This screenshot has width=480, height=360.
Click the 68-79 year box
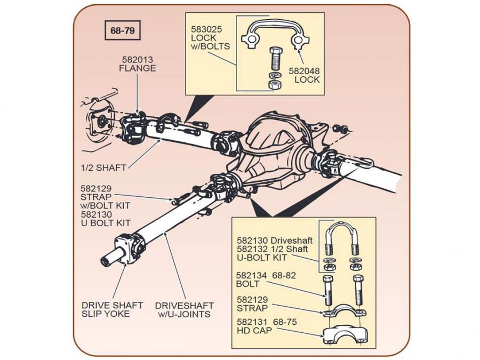coord(122,31)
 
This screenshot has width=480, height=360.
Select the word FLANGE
coord(138,68)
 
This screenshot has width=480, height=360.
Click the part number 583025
coord(204,30)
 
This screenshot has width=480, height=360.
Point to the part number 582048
coord(304,70)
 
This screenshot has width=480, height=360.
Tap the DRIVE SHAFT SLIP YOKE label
coord(112,310)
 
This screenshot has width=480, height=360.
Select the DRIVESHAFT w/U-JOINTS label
coord(185,310)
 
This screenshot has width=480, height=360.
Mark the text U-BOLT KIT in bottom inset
coord(262,258)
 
